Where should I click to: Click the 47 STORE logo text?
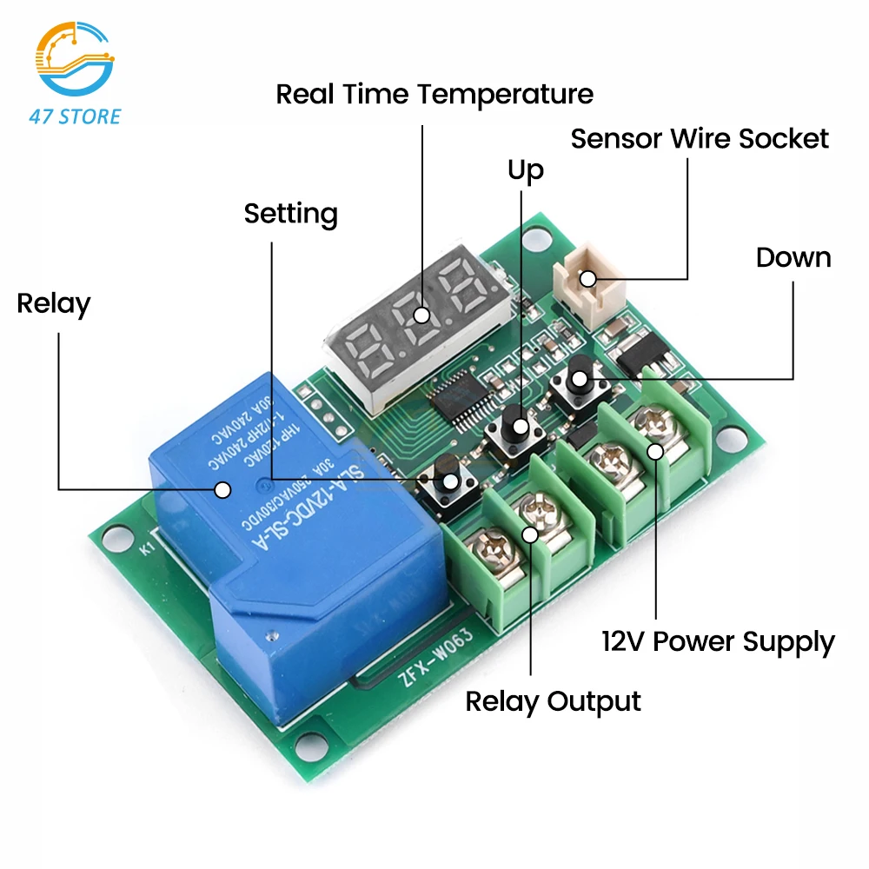[75, 116]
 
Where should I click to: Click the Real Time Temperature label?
[434, 94]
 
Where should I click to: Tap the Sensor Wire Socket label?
[700, 138]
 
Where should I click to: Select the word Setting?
[290, 214]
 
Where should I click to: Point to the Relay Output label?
[553, 701]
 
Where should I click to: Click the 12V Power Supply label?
[718, 642]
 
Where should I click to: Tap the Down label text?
[793, 257]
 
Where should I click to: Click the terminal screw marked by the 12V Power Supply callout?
[654, 450]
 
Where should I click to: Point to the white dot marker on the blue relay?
[222, 490]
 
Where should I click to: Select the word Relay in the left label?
[54, 304]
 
